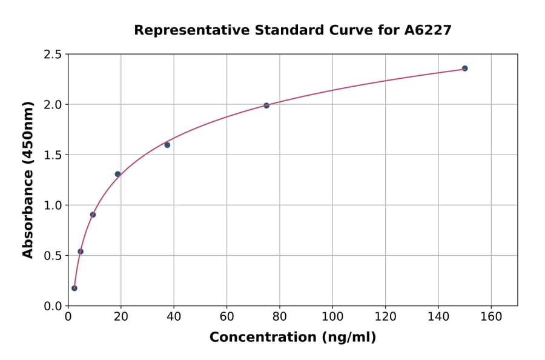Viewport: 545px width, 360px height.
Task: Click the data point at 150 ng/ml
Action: (464, 68)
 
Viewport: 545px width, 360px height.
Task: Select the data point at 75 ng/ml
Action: (266, 105)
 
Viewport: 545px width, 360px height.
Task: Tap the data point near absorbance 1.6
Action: (167, 145)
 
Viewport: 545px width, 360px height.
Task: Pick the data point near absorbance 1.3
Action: (117, 174)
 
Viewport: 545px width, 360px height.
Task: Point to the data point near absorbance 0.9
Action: (93, 215)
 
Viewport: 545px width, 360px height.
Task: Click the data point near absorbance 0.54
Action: (81, 252)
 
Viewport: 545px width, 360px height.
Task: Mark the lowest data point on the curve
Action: (74, 288)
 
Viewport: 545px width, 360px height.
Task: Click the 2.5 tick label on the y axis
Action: (52, 55)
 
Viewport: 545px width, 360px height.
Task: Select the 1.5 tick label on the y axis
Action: (52, 155)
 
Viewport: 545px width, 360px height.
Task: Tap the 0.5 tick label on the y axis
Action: (52, 256)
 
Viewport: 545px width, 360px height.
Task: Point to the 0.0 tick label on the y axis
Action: (52, 306)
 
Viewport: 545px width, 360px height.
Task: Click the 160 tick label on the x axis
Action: (490, 317)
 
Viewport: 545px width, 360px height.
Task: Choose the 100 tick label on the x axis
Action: (332, 317)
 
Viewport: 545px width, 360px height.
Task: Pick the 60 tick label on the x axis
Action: (226, 317)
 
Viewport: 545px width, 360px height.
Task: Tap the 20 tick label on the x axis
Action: (121, 317)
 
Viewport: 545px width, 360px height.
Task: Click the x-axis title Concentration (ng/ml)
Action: (292, 338)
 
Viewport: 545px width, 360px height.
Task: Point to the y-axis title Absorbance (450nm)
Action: (28, 179)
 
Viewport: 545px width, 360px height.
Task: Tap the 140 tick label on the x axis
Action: (438, 317)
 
